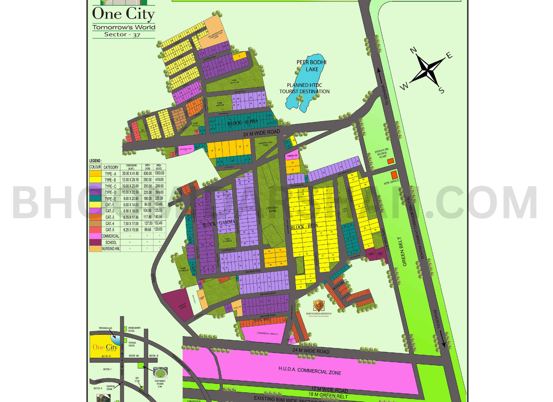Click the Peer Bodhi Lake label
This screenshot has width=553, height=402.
pyautogui.click(x=311, y=66)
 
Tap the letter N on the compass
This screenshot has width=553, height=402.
pyautogui.click(x=413, y=51)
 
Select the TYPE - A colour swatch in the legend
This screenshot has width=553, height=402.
pyautogui.click(x=95, y=173)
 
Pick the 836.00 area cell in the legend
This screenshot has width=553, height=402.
pyautogui.click(x=148, y=173)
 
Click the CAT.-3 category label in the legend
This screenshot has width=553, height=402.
pyautogui.click(x=110, y=217)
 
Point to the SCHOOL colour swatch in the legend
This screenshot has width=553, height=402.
pyautogui.click(x=95, y=243)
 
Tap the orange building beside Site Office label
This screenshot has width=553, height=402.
pyautogui.click(x=394, y=175)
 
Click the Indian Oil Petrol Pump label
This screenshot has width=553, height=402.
pyautogui.click(x=382, y=153)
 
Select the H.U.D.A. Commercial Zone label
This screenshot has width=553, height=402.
pyautogui.click(x=310, y=371)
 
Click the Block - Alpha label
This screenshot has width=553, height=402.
pyautogui.click(x=242, y=122)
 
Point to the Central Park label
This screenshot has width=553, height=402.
pyautogui.click(x=272, y=209)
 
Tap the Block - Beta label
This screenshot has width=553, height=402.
pyautogui.click(x=304, y=227)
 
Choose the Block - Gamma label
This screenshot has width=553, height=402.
pyautogui.click(x=218, y=223)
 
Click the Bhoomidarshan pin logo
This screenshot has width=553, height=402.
pyautogui.click(x=318, y=306)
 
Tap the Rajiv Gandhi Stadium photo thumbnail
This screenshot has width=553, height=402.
pyautogui.click(x=160, y=373)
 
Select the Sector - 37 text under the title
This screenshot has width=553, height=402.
pyautogui.click(x=122, y=35)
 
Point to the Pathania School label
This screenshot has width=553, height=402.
pyautogui.click(x=132, y=344)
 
